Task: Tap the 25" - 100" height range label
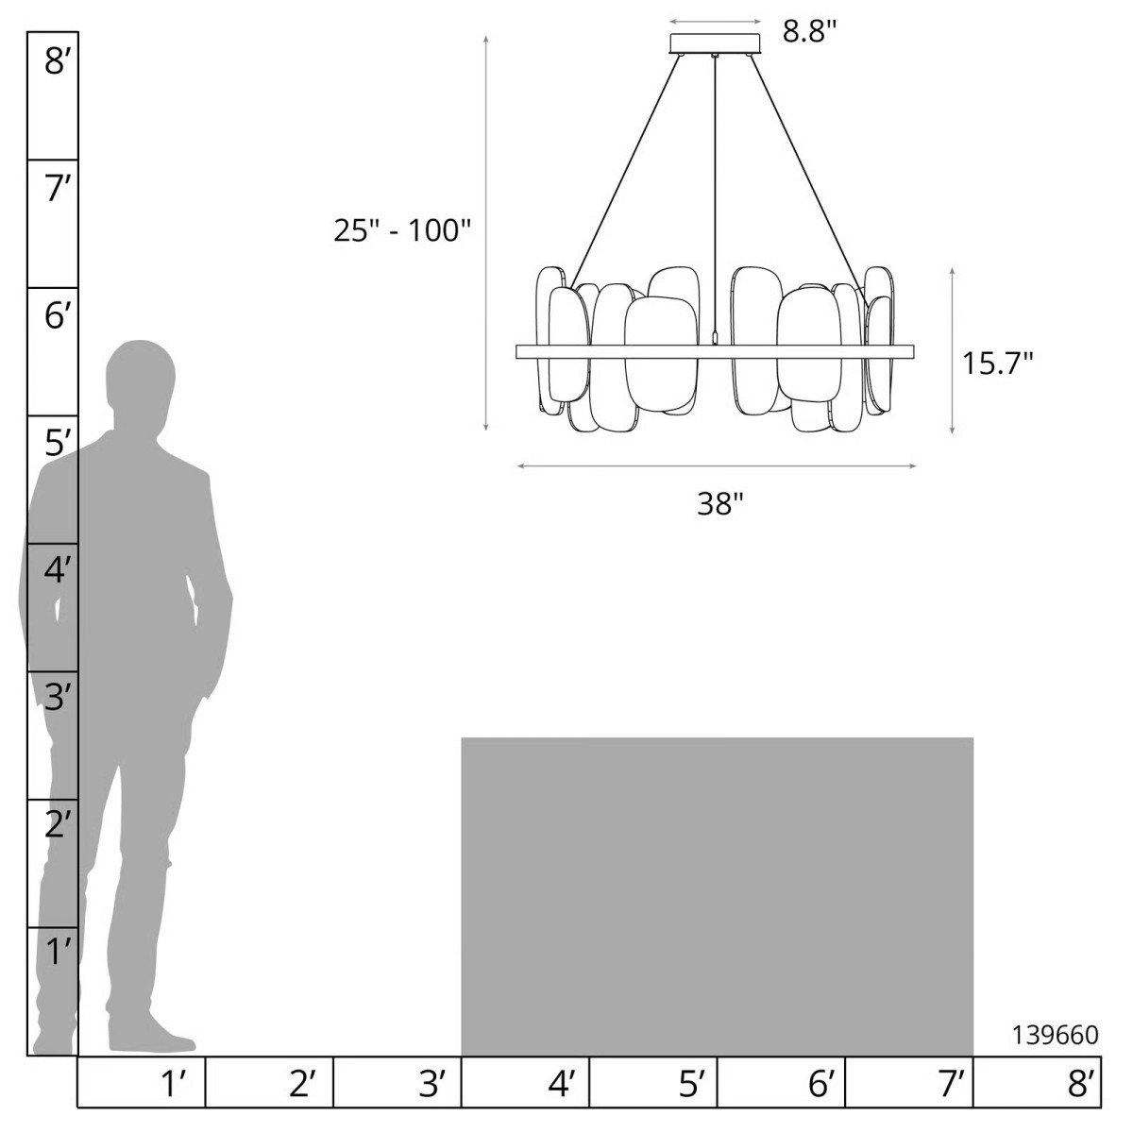(403, 229)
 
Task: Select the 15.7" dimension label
(997, 363)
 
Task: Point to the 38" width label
(720, 503)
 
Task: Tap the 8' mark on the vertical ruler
(60, 61)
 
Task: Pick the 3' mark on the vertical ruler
(60, 699)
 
